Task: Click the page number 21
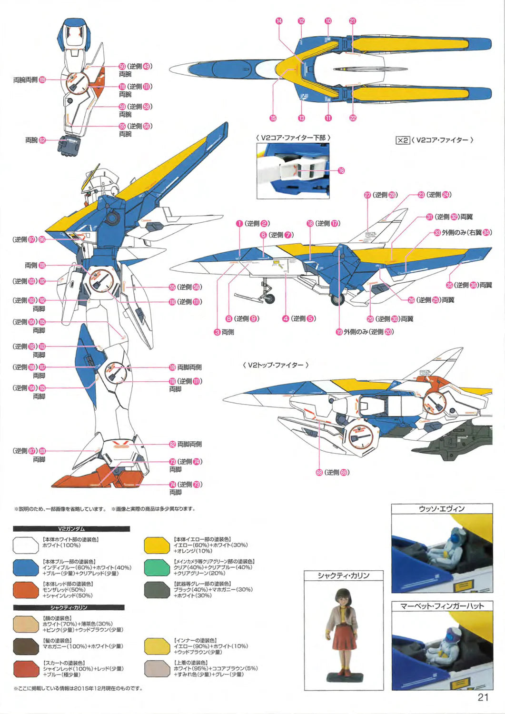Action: coord(483,697)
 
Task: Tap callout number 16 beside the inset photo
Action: coord(341,170)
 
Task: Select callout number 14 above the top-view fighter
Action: coord(279,21)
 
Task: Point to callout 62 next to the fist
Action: coord(42,140)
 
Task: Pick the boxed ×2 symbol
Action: coord(402,140)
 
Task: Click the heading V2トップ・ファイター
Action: coord(276,365)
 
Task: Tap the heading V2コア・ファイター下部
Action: coord(293,138)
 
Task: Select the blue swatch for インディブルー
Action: coord(26,567)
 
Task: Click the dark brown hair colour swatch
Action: coord(26,646)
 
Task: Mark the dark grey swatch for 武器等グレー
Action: coord(157,590)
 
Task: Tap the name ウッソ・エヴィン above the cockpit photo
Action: coord(441,509)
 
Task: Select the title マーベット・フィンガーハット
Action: coord(442,606)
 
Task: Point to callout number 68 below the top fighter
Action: coord(319,472)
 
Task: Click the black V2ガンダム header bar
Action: coord(71,528)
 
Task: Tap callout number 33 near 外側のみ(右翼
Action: coord(437,233)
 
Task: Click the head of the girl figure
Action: coord(344,596)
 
